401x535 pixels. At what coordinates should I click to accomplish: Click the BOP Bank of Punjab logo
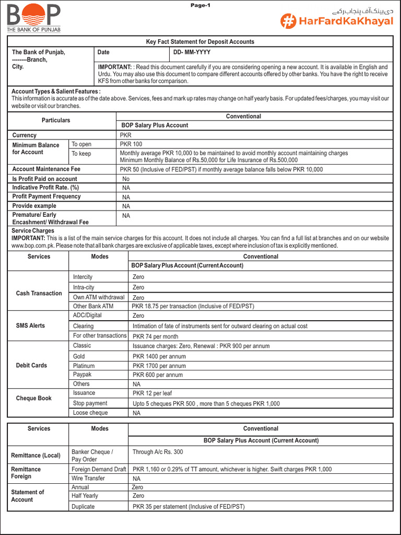(33, 18)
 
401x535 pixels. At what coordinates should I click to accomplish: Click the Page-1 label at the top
(200, 5)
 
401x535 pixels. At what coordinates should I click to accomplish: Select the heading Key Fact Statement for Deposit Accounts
(200, 42)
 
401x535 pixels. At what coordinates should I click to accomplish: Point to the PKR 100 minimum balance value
(131, 144)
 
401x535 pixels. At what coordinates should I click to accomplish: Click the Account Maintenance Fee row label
(46, 169)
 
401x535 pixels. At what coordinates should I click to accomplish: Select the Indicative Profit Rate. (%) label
(46, 188)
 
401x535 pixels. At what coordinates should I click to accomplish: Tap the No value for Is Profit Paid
(126, 179)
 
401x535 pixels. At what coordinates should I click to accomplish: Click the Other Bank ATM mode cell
(93, 306)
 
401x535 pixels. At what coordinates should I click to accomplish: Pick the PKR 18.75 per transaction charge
(193, 306)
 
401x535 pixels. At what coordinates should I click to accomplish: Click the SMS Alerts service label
(30, 325)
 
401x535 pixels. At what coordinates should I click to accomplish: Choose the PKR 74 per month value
(156, 336)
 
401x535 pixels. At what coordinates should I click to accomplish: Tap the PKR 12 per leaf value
(152, 393)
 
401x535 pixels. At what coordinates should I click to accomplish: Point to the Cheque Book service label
(34, 398)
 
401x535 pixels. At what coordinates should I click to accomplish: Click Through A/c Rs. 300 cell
(158, 452)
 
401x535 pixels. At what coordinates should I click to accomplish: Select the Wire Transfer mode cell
(88, 478)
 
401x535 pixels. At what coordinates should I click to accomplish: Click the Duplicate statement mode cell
(84, 506)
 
